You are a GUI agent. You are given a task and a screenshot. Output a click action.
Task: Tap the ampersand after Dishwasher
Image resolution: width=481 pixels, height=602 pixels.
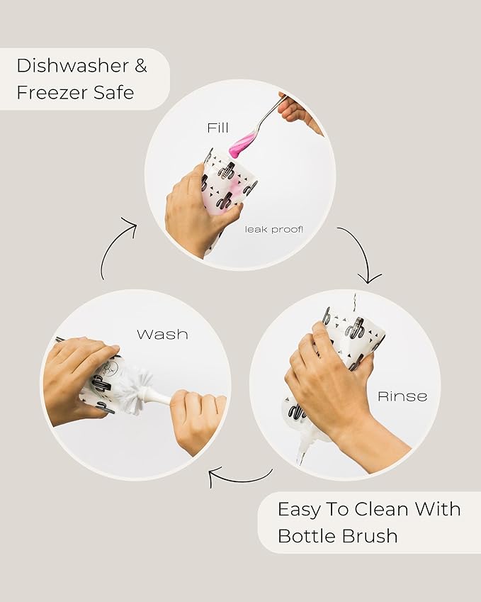point(141,66)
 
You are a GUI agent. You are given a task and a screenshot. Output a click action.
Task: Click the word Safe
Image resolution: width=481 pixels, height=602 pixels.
point(114,92)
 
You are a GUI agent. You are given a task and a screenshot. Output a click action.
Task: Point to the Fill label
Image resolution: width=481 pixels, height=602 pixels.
point(218,128)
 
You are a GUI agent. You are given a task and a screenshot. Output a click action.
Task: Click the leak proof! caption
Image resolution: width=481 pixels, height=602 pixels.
point(274,230)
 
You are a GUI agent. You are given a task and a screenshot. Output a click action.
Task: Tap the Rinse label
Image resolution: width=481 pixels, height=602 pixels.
point(402,396)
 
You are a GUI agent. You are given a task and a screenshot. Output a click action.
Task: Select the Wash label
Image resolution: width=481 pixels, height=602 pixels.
point(163,335)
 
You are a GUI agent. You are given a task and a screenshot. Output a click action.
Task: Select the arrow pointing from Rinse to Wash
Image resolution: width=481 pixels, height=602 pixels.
point(241,479)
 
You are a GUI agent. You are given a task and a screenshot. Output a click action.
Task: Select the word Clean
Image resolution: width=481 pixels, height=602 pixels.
point(381,509)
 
